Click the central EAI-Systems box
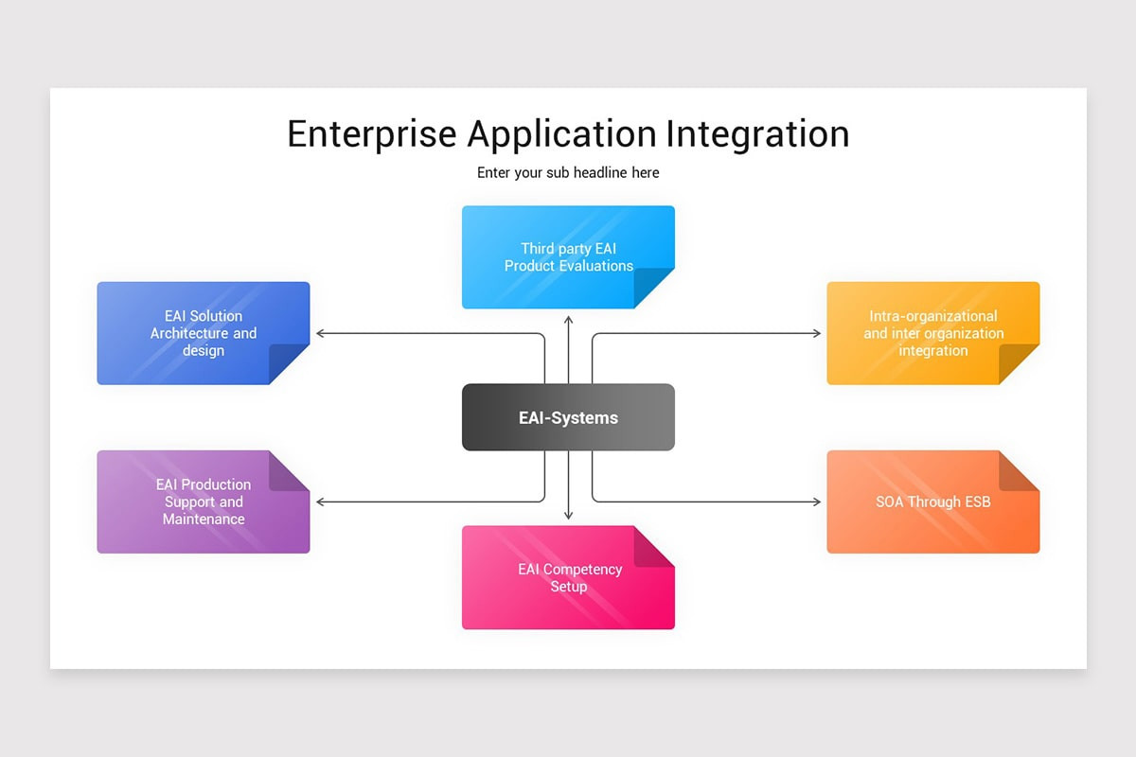pyautogui.click(x=568, y=417)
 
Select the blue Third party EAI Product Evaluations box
pyautogui.click(x=568, y=257)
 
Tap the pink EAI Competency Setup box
pyautogui.click(x=568, y=577)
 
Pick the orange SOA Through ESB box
pyautogui.click(x=932, y=502)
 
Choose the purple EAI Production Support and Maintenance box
pyautogui.click(x=203, y=502)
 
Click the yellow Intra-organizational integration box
pyautogui.click(x=932, y=333)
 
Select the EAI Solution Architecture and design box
pyautogui.click(x=203, y=333)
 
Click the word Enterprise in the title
pyautogui.click(x=371, y=134)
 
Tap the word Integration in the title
pyautogui.click(x=757, y=134)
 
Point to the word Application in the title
pyautogui.click(x=561, y=134)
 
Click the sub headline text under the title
pyautogui.click(x=568, y=173)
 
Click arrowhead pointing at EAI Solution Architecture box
pyautogui.click(x=320, y=333)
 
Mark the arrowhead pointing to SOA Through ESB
pyautogui.click(x=817, y=502)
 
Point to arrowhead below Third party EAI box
pyautogui.click(x=569, y=321)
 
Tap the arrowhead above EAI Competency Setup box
pyautogui.click(x=569, y=515)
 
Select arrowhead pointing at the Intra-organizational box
pyautogui.click(x=817, y=333)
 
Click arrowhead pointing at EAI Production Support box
pyautogui.click(x=320, y=502)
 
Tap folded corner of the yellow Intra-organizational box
pyautogui.click(x=1021, y=363)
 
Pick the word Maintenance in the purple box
pyautogui.click(x=204, y=519)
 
